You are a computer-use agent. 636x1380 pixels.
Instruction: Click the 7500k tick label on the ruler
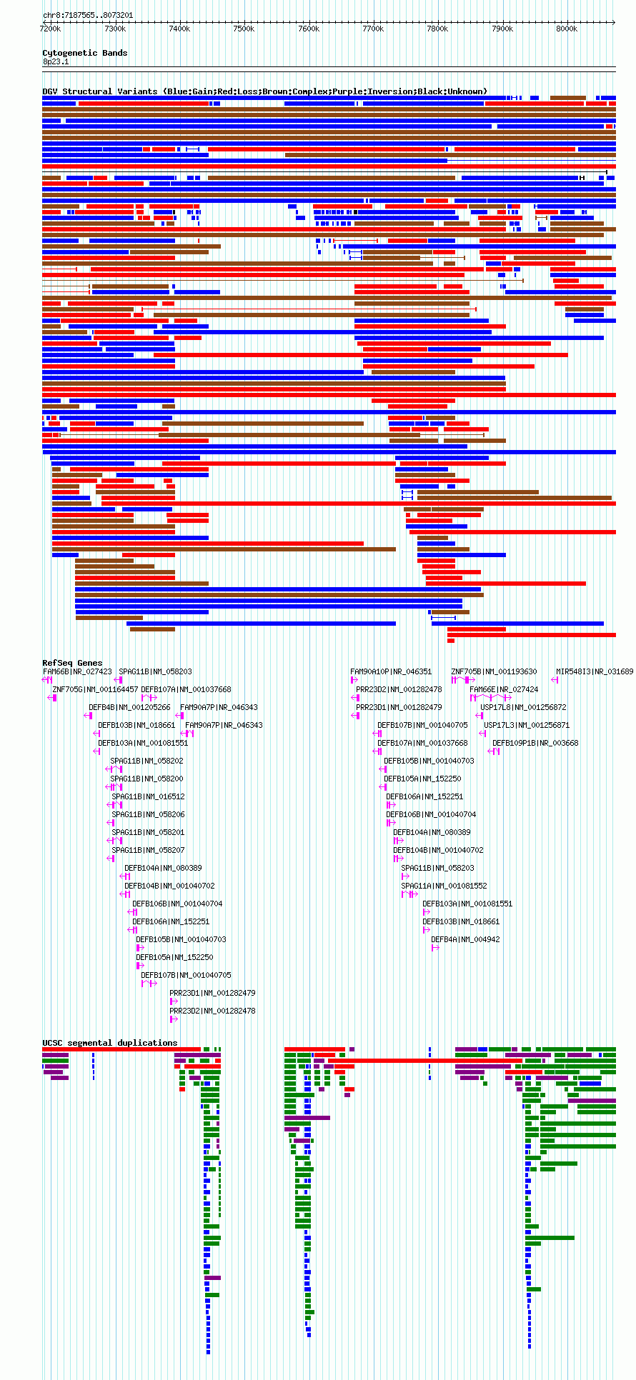coord(244,29)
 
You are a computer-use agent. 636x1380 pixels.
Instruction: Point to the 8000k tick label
coord(567,29)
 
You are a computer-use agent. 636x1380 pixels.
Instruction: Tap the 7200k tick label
coord(51,29)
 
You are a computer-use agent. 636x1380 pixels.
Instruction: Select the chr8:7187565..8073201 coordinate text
coord(88,15)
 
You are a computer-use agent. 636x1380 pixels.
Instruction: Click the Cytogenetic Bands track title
coord(85,53)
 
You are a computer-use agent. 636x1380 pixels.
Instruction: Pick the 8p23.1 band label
coord(56,62)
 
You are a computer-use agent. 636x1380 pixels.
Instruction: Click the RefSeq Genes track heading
coord(72,663)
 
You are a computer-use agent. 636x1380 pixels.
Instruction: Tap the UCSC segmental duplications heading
coord(110,1043)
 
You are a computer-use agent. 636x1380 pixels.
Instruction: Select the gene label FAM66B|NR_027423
coord(77,671)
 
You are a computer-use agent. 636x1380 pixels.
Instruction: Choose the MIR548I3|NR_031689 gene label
coord(595,671)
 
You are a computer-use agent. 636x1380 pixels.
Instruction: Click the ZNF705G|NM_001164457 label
coord(96,689)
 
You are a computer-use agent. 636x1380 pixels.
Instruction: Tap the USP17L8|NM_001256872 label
coord(523,707)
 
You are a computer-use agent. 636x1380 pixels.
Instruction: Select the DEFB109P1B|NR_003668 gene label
coord(535,743)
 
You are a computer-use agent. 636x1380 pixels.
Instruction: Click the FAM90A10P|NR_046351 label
coord(391,671)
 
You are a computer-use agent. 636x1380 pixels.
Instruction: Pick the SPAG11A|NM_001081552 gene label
coord(444,886)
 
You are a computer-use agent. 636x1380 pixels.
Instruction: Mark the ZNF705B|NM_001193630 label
coord(494,671)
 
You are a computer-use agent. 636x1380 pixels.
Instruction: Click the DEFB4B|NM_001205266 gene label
coord(129,707)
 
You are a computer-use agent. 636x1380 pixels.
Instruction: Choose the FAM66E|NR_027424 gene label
coord(505,689)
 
